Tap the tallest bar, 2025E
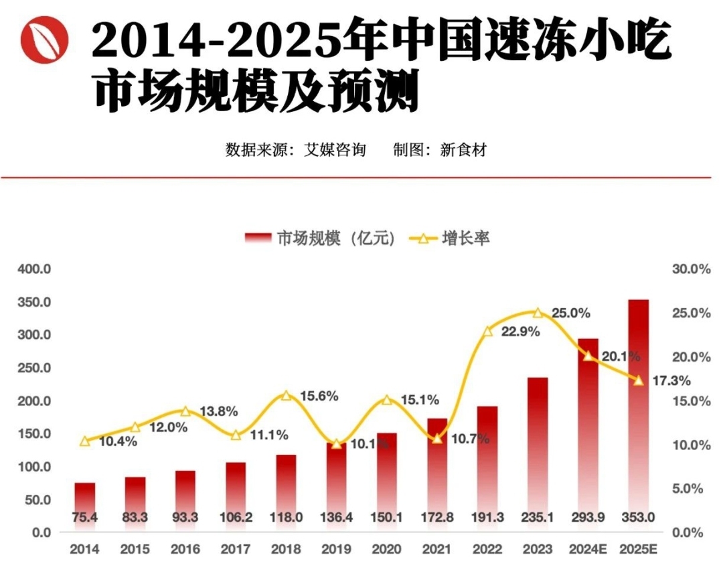click(638, 402)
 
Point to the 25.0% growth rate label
click(570, 313)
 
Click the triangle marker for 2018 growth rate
click(287, 395)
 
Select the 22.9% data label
click(520, 332)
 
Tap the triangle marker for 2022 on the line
click(487, 331)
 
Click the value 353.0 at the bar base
click(638, 517)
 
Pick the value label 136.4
click(336, 517)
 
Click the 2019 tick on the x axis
click(336, 549)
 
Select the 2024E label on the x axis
click(587, 549)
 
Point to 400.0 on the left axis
click(34, 269)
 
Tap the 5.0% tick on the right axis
click(687, 489)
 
